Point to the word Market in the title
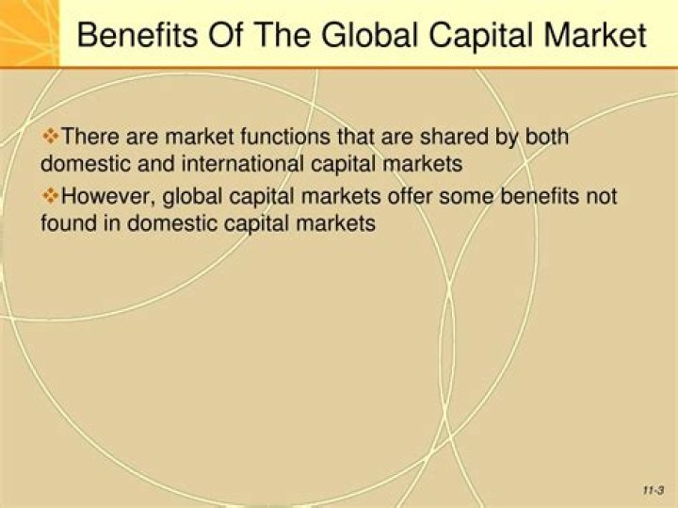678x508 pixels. click(599, 35)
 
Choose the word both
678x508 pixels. click(547, 137)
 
